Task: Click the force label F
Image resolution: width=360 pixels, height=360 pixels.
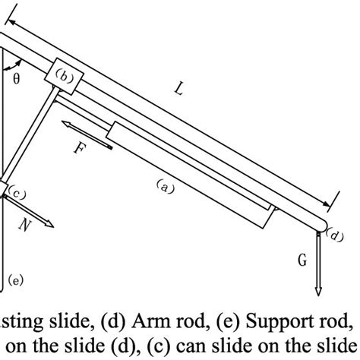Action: [77, 149]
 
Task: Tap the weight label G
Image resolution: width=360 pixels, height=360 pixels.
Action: [302, 260]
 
